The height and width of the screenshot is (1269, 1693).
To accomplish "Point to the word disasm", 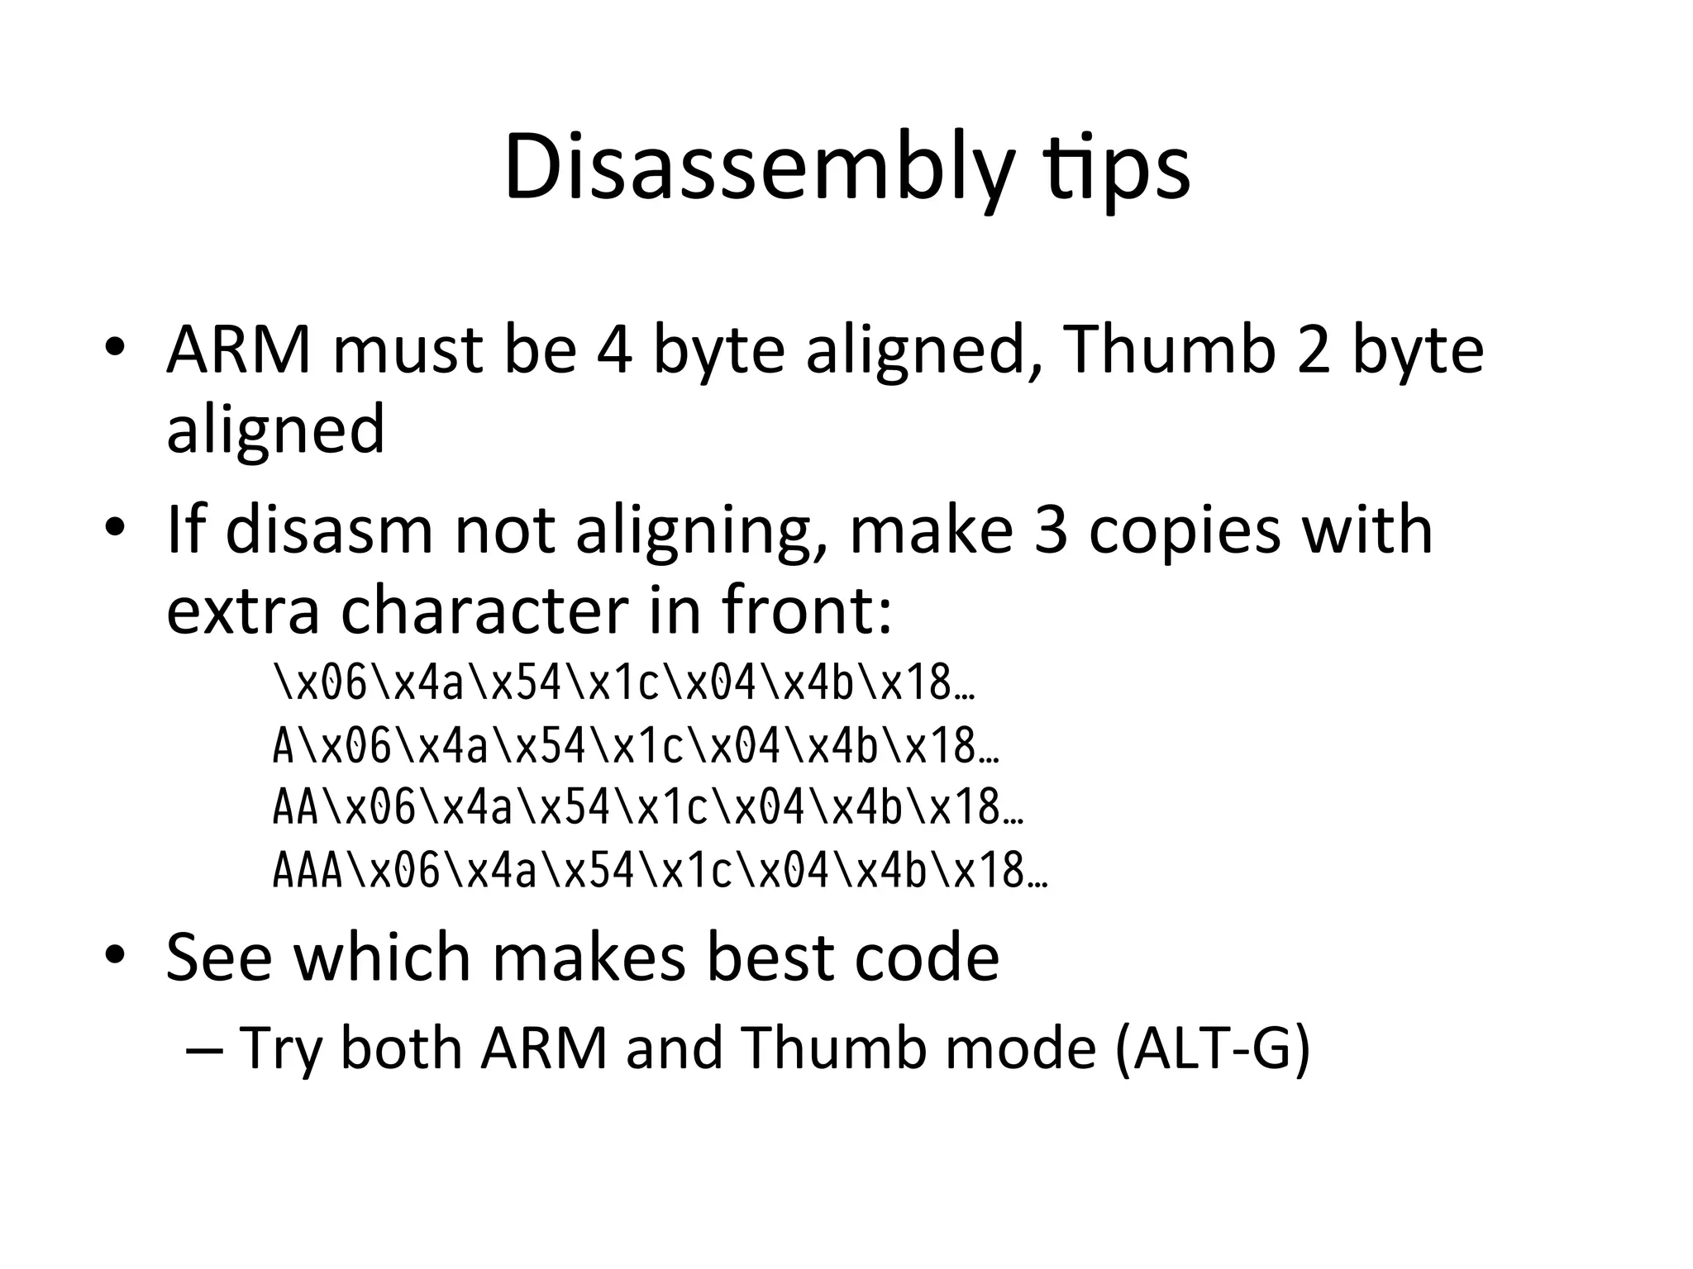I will tap(329, 530).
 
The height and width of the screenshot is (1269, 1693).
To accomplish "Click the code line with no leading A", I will tap(624, 685).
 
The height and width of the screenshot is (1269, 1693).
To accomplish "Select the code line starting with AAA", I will tap(660, 872).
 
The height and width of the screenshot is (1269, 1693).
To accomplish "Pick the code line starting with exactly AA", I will tap(648, 808).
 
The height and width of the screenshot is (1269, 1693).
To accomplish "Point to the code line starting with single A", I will tap(636, 747).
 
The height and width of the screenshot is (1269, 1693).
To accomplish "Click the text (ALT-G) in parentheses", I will tap(1212, 1048).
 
